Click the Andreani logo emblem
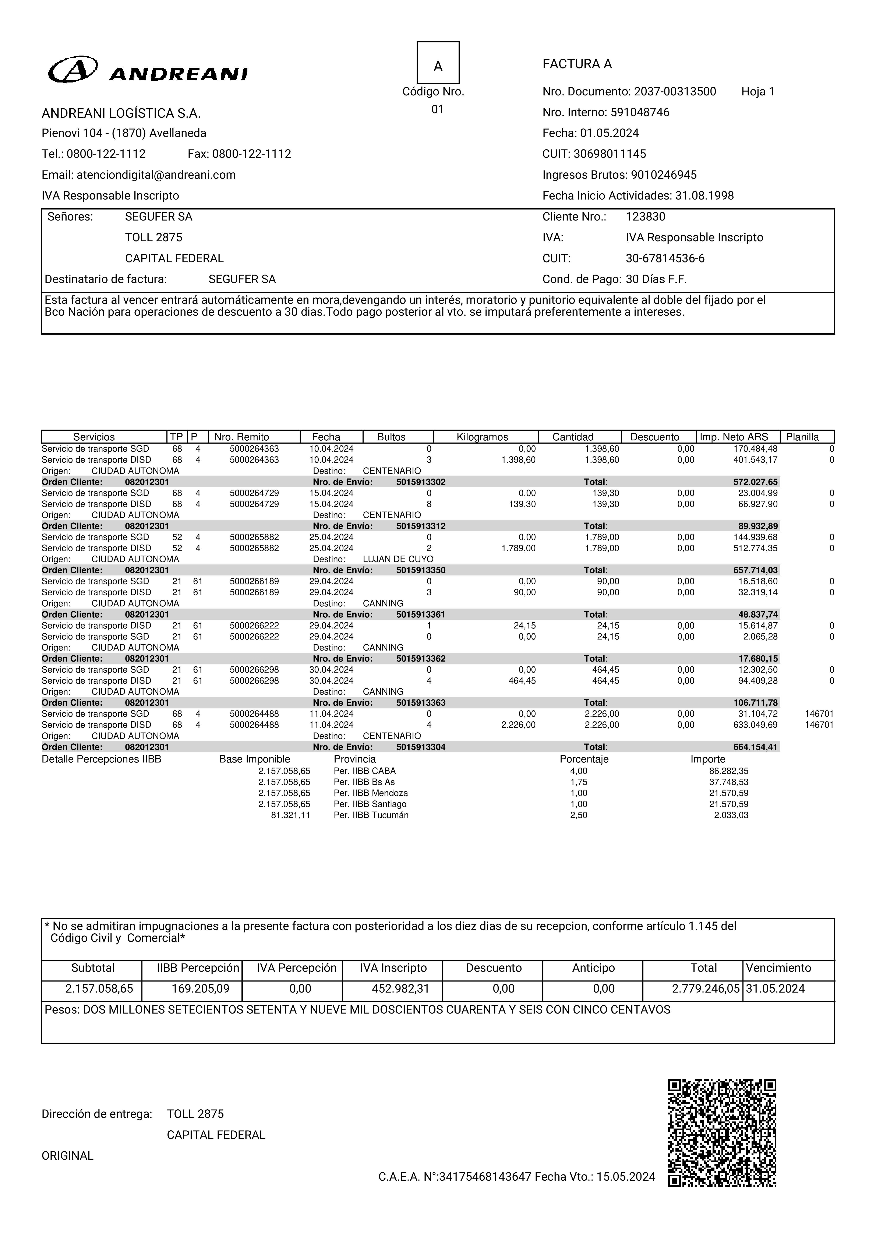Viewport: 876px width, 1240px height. point(73,70)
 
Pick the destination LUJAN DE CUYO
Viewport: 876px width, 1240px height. point(398,559)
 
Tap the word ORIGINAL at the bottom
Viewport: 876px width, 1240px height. point(67,1156)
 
